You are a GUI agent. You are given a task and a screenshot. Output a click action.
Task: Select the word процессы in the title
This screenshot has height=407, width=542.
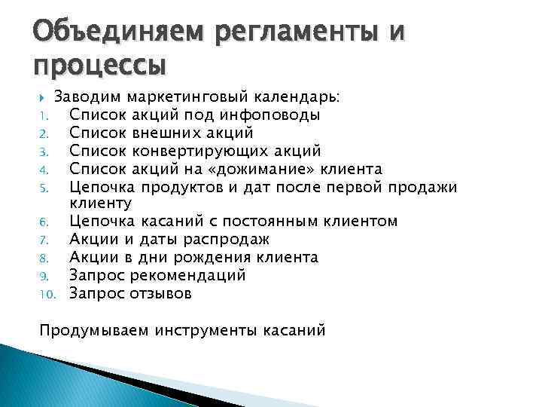click(x=99, y=68)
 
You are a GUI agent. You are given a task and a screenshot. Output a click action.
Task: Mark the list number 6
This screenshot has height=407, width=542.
click(x=44, y=222)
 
